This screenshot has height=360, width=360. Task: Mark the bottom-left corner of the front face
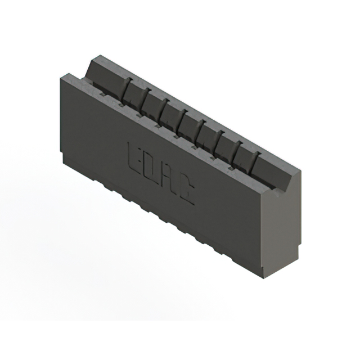(64, 160)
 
